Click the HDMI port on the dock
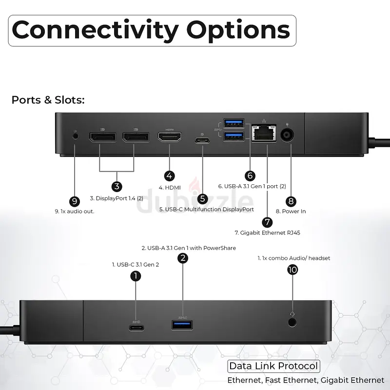click(x=170, y=136)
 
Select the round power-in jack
click(x=287, y=136)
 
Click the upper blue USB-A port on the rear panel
click(x=234, y=123)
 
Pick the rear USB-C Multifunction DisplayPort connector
click(x=202, y=140)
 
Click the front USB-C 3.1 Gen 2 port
click(x=136, y=328)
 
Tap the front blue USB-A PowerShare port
click(x=182, y=325)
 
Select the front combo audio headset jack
click(x=292, y=323)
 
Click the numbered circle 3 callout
click(x=117, y=186)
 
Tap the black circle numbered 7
click(x=267, y=222)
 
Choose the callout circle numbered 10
click(x=292, y=270)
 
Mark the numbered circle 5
click(x=202, y=199)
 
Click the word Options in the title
click(x=238, y=30)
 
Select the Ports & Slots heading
click(x=48, y=100)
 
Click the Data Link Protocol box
click(x=273, y=366)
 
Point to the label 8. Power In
click(x=291, y=211)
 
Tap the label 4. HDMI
click(x=170, y=188)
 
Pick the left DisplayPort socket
click(x=102, y=137)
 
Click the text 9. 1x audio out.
click(x=75, y=212)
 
